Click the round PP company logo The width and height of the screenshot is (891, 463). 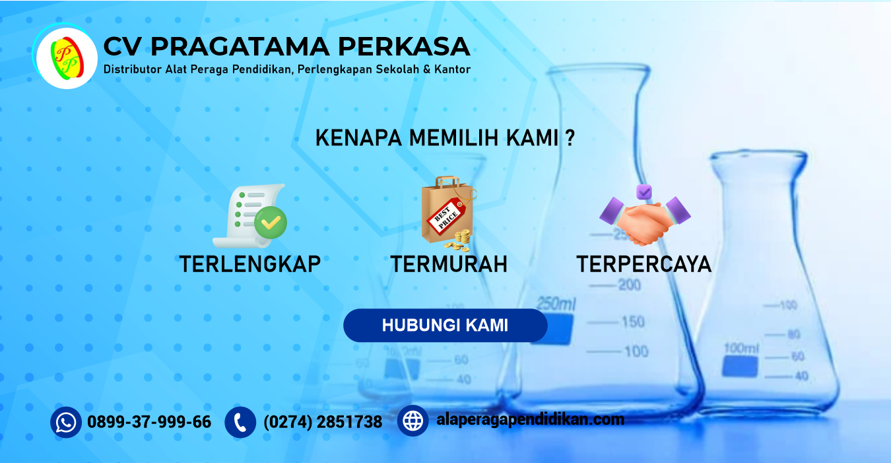(x=67, y=58)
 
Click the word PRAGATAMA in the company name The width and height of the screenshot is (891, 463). (x=240, y=47)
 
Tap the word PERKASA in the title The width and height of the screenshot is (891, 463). (x=404, y=47)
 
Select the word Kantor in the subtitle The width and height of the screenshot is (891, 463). (x=452, y=69)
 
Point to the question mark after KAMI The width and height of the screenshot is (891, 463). (x=570, y=138)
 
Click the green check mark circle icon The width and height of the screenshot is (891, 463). (x=271, y=222)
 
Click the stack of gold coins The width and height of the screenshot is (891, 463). (x=459, y=240)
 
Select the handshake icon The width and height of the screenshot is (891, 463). (x=645, y=220)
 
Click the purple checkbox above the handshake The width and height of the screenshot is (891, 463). (x=643, y=192)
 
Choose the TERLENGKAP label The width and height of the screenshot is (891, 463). (x=249, y=264)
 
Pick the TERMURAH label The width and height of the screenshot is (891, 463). (x=449, y=264)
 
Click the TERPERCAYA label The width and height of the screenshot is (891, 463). (x=644, y=264)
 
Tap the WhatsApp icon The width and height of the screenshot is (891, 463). (x=66, y=422)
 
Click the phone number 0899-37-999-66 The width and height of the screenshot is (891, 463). (x=149, y=422)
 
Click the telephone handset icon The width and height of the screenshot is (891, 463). (x=240, y=422)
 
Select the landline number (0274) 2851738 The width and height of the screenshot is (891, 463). (x=323, y=422)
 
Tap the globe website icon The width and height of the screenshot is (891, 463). (x=413, y=421)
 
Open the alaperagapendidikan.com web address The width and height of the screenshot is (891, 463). (x=530, y=420)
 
